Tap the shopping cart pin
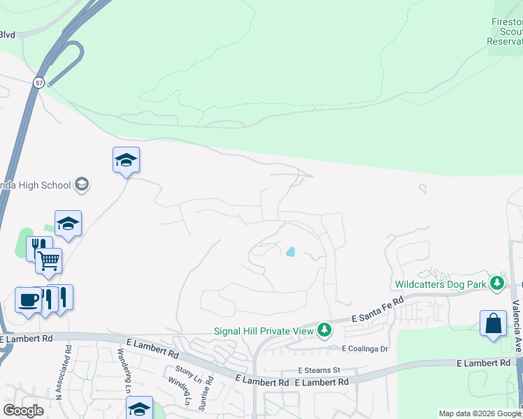coord(48,260)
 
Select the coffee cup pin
coord(28,300)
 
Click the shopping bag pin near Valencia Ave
coord(493,323)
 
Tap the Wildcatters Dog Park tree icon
coord(497,283)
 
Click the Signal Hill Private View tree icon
coord(323,329)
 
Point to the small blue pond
coord(290,252)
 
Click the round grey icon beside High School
coord(81,184)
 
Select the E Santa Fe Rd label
coord(378,308)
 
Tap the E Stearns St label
coord(318,369)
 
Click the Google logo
coord(24,410)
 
